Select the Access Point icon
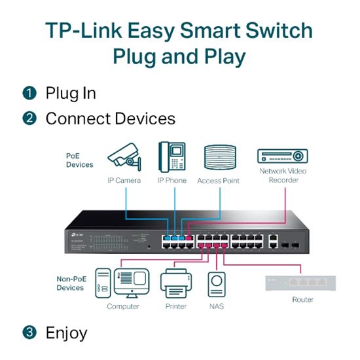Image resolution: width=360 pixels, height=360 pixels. pos(219,158)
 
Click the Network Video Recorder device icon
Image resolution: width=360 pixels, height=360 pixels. pos(282,156)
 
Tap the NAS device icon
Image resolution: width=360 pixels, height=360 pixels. pos(217,283)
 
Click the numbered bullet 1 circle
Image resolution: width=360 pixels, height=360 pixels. pos(30,94)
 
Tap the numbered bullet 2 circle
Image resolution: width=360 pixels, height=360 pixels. pos(30,119)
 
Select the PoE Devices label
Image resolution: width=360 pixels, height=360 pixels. pos(79,160)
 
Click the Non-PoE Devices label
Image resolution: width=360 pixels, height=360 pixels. pos(71,283)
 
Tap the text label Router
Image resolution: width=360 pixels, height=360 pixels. pos(302,300)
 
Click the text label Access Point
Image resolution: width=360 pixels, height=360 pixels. pos(219,181)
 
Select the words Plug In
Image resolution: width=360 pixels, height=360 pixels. pos(71,94)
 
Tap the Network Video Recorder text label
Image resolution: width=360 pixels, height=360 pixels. pos(282,175)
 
